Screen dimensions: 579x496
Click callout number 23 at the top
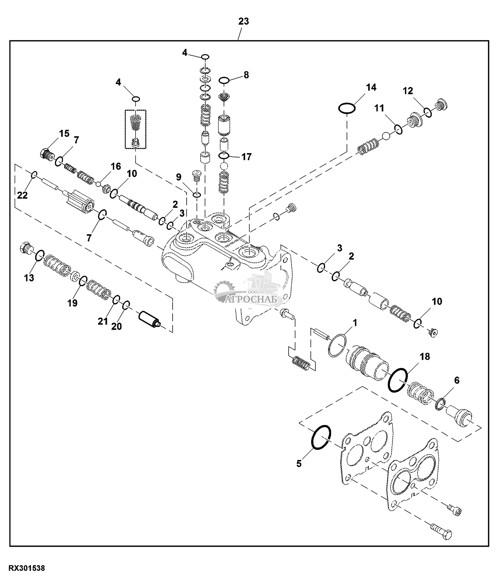point(243,22)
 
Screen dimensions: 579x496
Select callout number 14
point(371,87)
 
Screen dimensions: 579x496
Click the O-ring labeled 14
point(347,109)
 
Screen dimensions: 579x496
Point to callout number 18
point(425,356)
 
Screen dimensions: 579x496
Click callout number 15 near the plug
point(64,134)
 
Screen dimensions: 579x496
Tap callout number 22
point(22,195)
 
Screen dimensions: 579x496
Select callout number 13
point(29,278)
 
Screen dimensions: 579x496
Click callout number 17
point(246,157)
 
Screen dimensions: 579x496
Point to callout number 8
point(246,75)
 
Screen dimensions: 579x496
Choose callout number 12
point(408,91)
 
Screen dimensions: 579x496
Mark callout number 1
point(355,323)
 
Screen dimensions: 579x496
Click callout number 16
point(115,167)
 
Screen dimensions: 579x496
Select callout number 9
point(178,177)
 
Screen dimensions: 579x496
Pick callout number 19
point(73,303)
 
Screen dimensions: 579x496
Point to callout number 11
point(379,108)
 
